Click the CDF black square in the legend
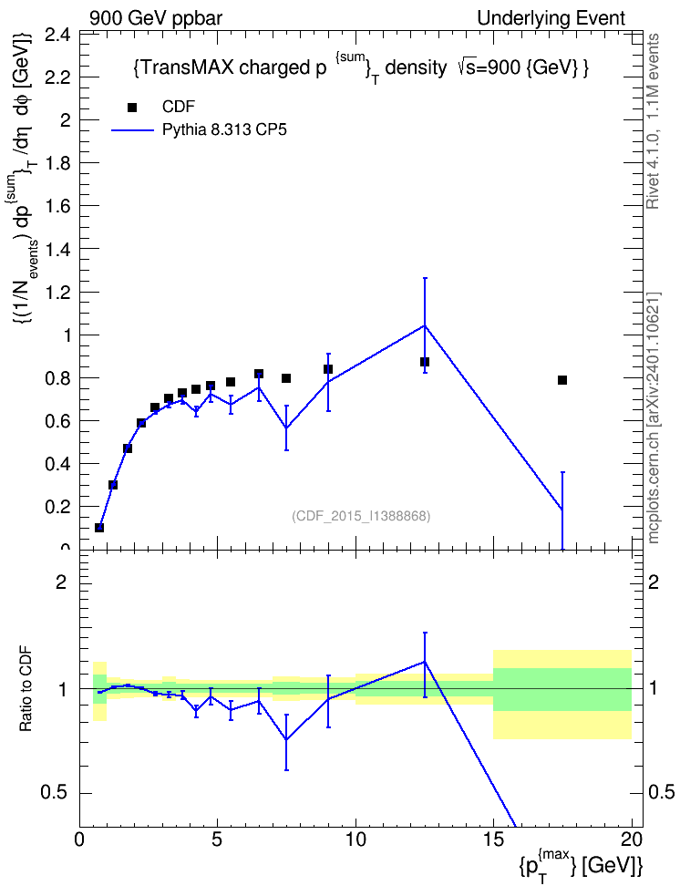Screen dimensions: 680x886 pyautogui.click(x=132, y=108)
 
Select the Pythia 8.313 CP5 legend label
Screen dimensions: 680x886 pyautogui.click(x=224, y=130)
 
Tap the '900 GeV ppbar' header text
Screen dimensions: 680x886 pyautogui.click(x=156, y=18)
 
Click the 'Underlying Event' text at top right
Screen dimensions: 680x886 pyautogui.click(x=551, y=18)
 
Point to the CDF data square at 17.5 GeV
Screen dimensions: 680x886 pyautogui.click(x=562, y=380)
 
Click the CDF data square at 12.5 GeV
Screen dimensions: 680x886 pyautogui.click(x=425, y=362)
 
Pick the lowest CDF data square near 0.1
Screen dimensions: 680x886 pyautogui.click(x=99, y=527)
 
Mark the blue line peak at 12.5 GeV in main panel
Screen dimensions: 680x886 pyautogui.click(x=425, y=325)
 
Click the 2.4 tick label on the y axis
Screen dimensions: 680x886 pyautogui.click(x=58, y=35)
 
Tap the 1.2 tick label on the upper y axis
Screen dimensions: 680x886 pyautogui.click(x=58, y=292)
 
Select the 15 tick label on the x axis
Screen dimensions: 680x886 pyautogui.click(x=493, y=840)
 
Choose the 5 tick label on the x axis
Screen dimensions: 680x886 pyautogui.click(x=218, y=840)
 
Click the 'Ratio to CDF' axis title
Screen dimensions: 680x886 pyautogui.click(x=26, y=689)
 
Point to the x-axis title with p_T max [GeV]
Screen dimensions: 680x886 pyautogui.click(x=581, y=863)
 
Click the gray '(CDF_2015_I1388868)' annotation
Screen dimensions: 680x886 pyautogui.click(x=361, y=516)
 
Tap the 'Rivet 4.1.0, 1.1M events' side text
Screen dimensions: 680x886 pyautogui.click(x=654, y=121)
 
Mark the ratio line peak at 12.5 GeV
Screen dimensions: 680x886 pyautogui.click(x=425, y=662)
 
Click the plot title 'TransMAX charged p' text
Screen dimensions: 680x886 pyautogui.click(x=230, y=67)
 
